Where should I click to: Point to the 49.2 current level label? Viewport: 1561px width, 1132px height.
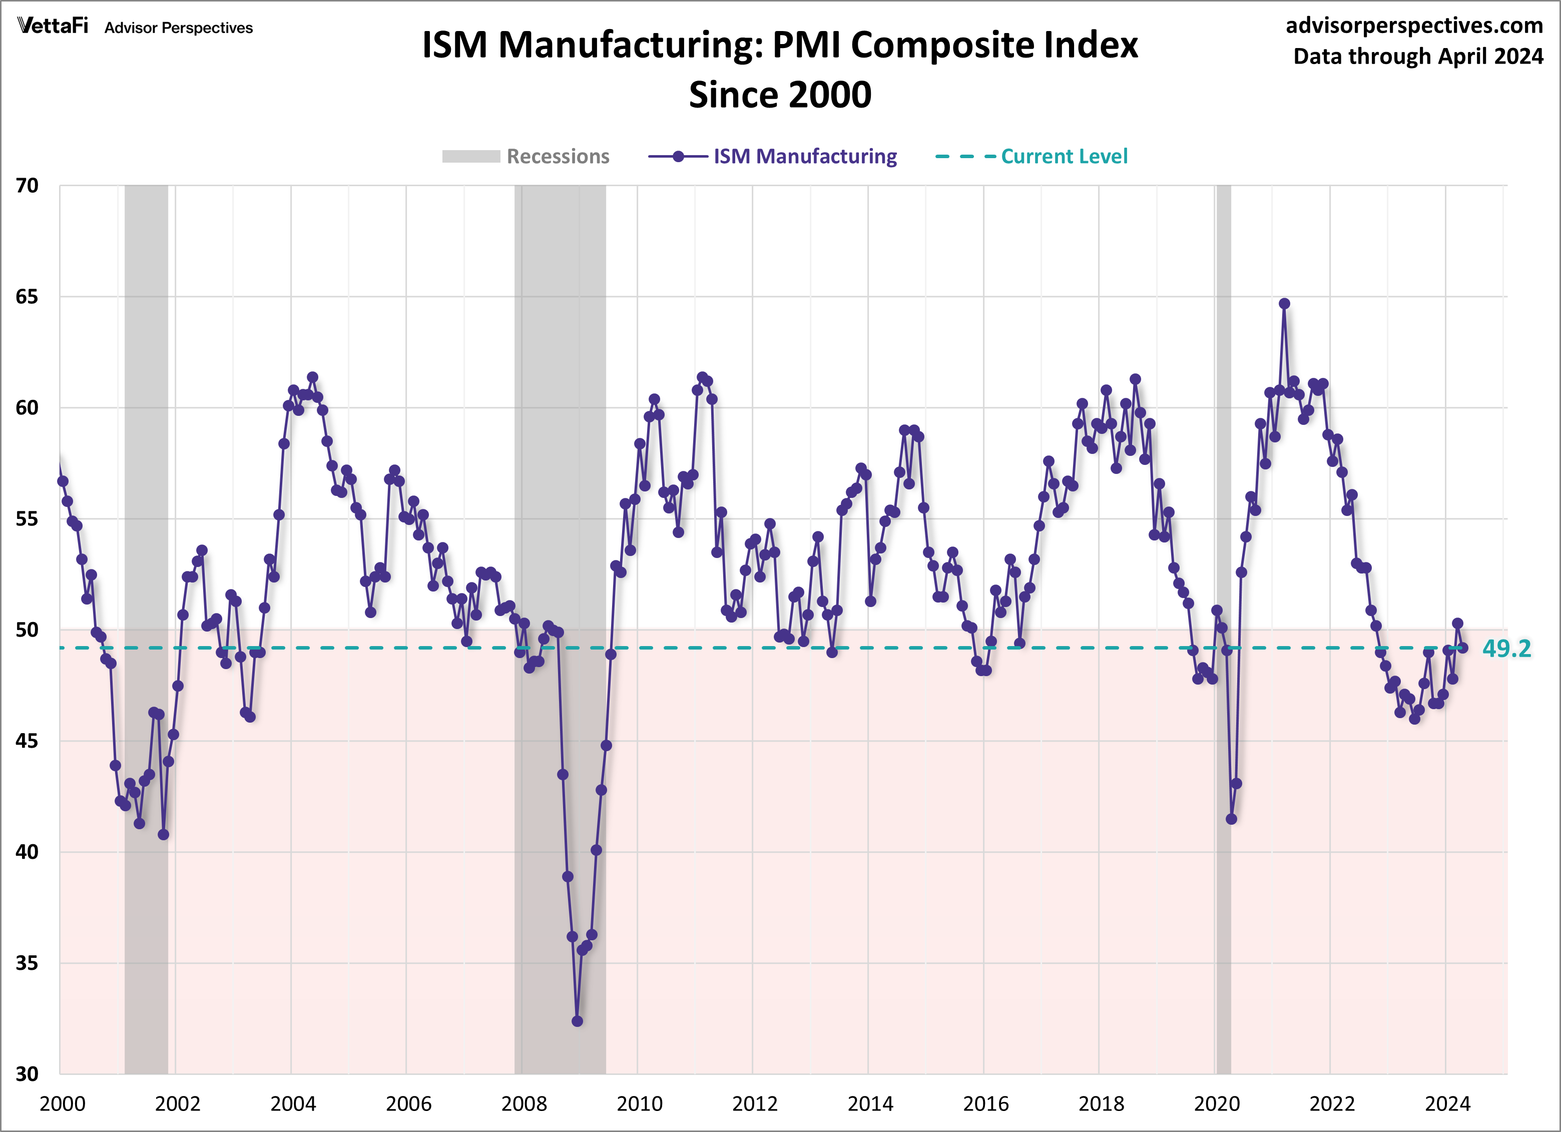[1506, 648]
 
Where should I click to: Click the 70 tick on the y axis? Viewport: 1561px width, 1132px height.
[27, 186]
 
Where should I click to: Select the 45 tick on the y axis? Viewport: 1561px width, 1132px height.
[27, 741]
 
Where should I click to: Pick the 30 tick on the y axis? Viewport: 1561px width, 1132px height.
[27, 1074]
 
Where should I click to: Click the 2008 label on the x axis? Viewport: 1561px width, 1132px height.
[524, 1104]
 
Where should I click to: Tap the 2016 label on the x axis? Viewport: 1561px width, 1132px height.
[985, 1104]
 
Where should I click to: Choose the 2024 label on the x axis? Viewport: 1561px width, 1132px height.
[1447, 1104]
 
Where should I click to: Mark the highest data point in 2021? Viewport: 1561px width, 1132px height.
[1284, 303]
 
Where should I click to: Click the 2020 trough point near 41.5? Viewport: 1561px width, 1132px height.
[1231, 819]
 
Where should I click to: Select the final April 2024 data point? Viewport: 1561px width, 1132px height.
[1462, 648]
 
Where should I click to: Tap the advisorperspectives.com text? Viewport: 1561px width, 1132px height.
[1414, 26]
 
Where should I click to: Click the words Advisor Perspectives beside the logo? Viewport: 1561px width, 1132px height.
[178, 28]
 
